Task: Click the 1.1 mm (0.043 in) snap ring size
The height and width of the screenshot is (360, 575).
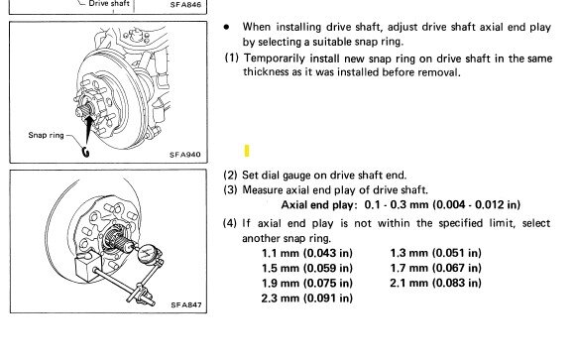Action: [x=307, y=253]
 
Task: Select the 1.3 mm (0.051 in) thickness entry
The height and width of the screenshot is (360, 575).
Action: [x=435, y=253]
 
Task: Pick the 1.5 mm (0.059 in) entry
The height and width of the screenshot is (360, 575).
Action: [x=307, y=268]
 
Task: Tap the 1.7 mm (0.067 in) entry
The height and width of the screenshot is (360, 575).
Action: [x=435, y=268]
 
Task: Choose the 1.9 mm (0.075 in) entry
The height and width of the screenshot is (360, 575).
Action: [x=307, y=283]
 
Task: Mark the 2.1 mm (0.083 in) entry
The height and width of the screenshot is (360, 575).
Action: [x=435, y=283]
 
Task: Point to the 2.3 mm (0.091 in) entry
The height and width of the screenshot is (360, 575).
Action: [x=307, y=298]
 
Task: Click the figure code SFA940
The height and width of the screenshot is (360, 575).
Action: [x=185, y=155]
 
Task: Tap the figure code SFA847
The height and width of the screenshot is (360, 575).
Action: [x=186, y=304]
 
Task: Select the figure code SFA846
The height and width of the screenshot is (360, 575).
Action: [x=185, y=5]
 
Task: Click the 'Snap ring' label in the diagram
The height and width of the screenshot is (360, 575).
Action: [x=47, y=135]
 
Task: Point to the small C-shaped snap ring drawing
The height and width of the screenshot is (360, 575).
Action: [x=85, y=152]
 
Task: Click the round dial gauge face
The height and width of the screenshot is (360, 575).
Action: [x=148, y=253]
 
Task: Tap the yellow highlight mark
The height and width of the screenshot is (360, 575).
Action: [x=247, y=151]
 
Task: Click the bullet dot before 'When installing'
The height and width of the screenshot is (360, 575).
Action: [x=227, y=27]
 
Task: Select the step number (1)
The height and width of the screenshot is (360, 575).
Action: [x=231, y=58]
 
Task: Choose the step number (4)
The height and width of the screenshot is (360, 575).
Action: [x=230, y=223]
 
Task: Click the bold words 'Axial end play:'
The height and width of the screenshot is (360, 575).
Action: [x=319, y=204]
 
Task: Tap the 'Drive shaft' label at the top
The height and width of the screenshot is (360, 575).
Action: [x=109, y=4]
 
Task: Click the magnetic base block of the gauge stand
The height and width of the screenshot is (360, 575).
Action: [x=88, y=267]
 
